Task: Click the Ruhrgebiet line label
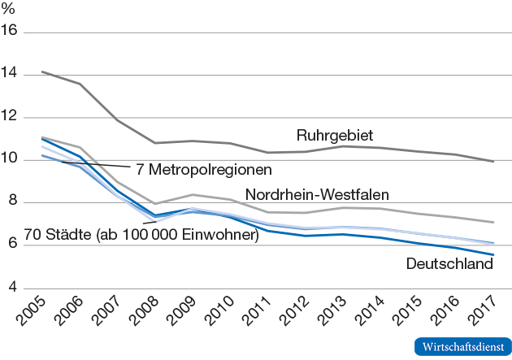point(335,135)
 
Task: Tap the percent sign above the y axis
point(10,11)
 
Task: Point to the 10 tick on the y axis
point(13,160)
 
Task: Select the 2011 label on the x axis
point(268,314)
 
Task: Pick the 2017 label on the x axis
point(492,314)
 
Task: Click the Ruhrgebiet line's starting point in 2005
point(41,72)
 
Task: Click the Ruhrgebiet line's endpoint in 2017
point(492,162)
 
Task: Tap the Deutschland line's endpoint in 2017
point(492,255)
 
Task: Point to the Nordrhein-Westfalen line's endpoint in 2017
point(492,222)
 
